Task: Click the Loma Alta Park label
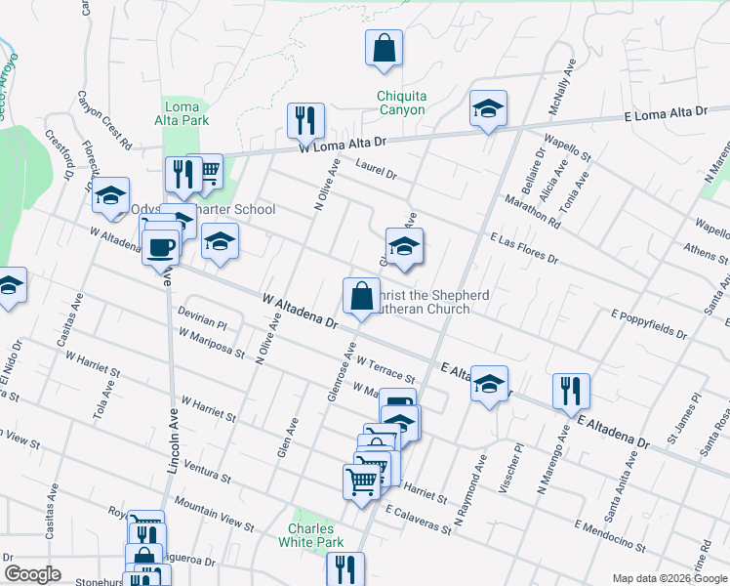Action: (x=182, y=113)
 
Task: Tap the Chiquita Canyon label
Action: (x=401, y=103)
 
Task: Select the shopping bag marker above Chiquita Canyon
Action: (x=385, y=47)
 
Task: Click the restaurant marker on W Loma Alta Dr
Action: (x=305, y=121)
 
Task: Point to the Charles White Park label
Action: (x=310, y=534)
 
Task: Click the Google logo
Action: (x=31, y=574)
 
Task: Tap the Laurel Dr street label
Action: (x=377, y=169)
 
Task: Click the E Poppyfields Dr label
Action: (x=649, y=324)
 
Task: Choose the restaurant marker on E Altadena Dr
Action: (x=570, y=391)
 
